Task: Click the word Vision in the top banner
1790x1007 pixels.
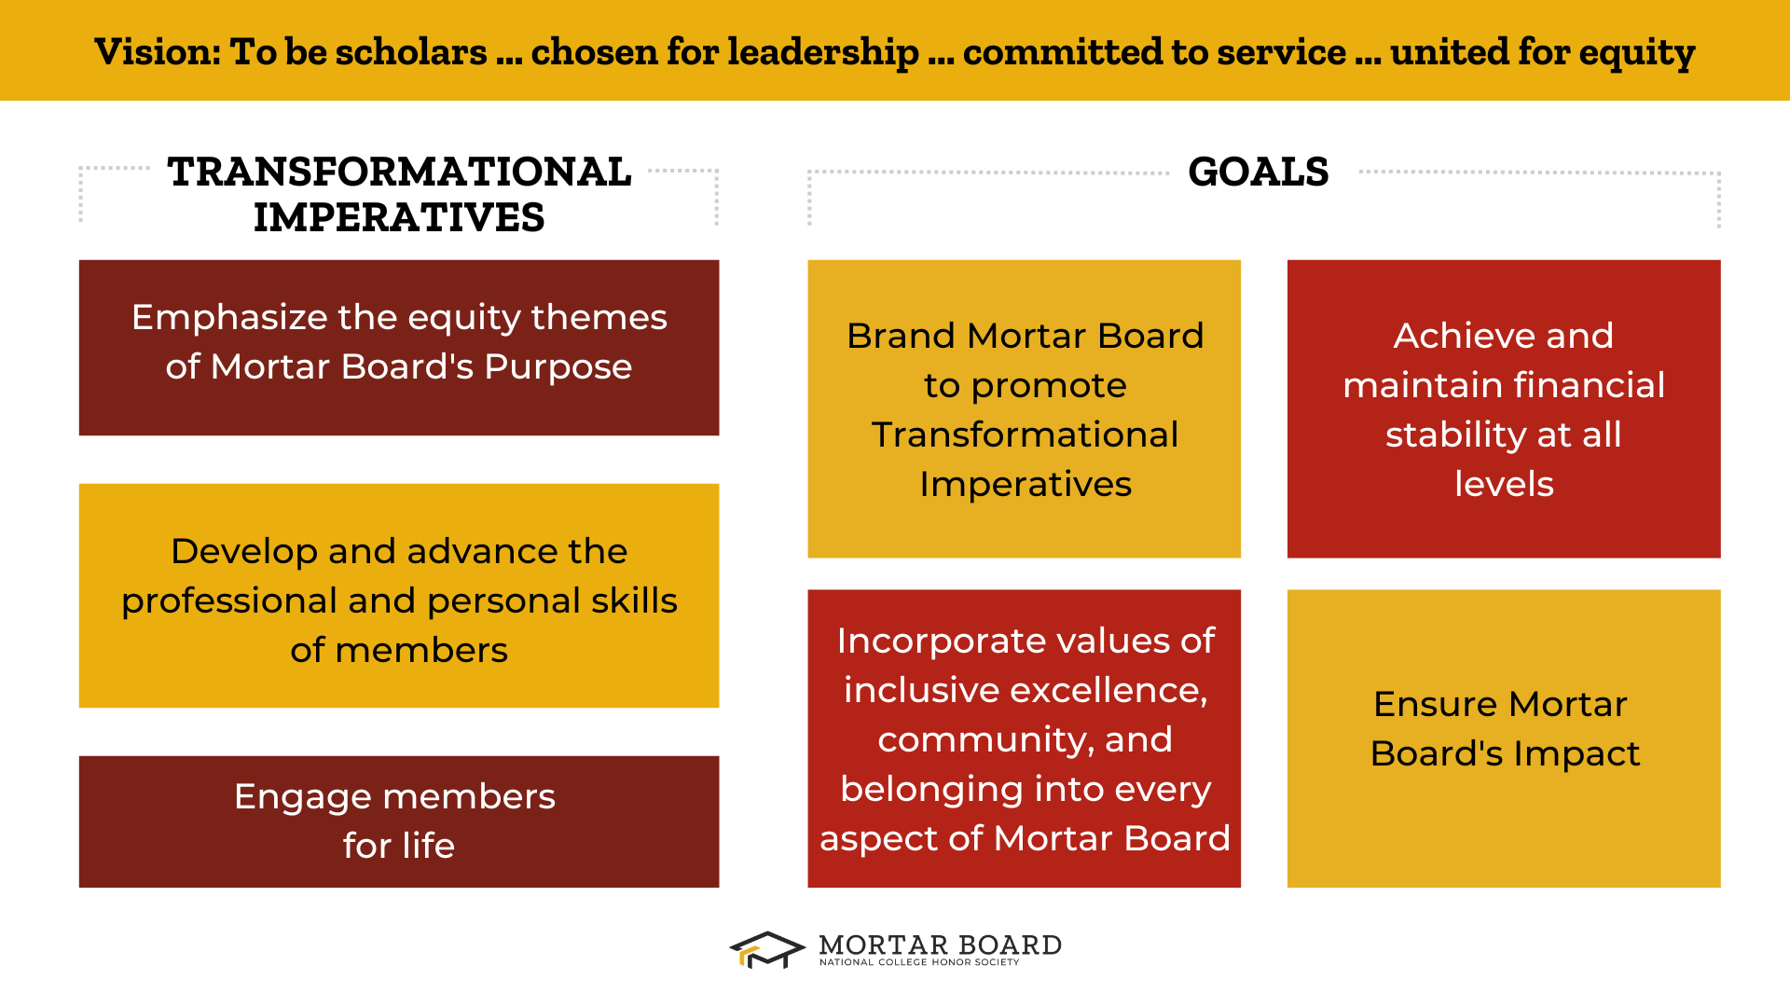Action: point(156,52)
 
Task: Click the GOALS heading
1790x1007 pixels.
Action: point(1258,172)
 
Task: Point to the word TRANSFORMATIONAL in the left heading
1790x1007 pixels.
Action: point(399,172)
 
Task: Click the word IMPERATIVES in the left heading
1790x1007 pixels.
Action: point(399,218)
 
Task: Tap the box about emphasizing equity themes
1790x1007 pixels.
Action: point(399,348)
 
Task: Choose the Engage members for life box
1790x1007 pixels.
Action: point(399,821)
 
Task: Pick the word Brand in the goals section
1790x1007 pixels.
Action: point(901,336)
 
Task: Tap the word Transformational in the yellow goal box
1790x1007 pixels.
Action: point(1025,435)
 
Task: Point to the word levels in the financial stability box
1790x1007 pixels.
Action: point(1504,484)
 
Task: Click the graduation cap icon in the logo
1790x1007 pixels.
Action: point(766,950)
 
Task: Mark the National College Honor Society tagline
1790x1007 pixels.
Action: point(919,962)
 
